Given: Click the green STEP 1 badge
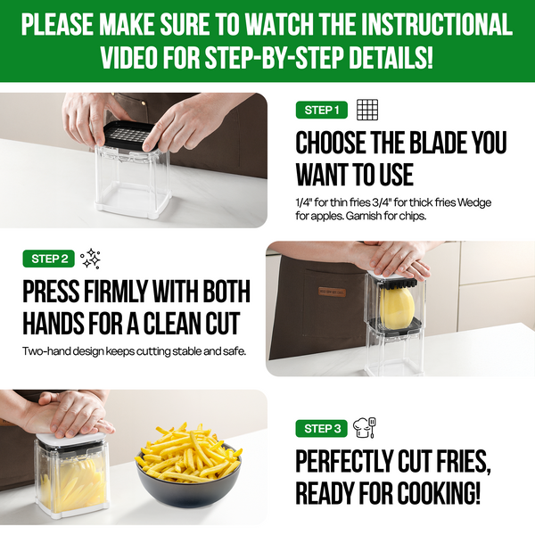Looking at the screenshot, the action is coord(321,110).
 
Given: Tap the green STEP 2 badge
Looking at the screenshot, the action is coord(48,259).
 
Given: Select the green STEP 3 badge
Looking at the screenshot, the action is coord(321,428).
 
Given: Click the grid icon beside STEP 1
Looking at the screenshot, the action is coord(367,110).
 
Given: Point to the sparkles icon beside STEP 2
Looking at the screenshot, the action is coord(90,259).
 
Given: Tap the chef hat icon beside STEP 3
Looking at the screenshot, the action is coord(365,427).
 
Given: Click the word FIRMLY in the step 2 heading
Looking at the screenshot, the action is coord(116,291).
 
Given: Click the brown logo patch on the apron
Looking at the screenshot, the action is coord(332,292).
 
